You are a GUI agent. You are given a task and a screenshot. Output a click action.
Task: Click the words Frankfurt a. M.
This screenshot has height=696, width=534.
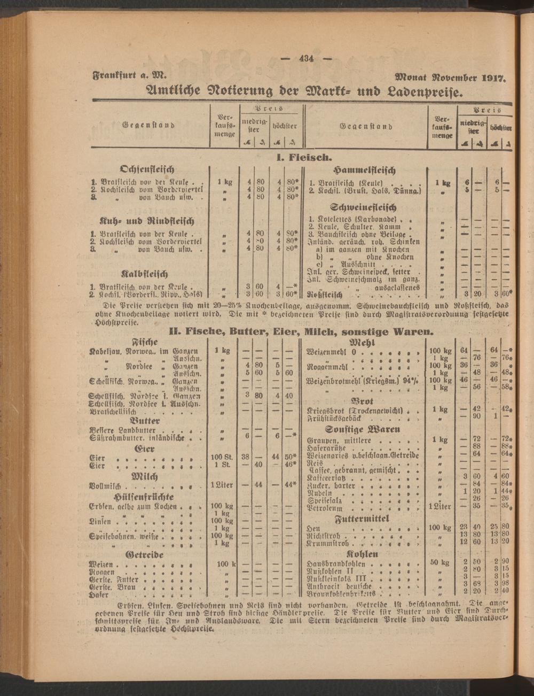pos(130,75)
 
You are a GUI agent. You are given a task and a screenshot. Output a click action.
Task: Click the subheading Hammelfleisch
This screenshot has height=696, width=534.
pos(364,170)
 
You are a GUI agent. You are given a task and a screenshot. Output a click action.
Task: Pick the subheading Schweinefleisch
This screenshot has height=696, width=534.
pos(364,207)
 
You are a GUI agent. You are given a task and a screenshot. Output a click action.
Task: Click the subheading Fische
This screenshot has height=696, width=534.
pos(145,341)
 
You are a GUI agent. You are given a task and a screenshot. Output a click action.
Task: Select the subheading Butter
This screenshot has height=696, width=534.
pos(145,421)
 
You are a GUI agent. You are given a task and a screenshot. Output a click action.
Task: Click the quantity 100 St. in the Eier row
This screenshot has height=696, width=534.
pos(222,458)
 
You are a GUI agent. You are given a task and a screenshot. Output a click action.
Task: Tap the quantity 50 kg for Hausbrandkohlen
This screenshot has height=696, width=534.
pos(439,562)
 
